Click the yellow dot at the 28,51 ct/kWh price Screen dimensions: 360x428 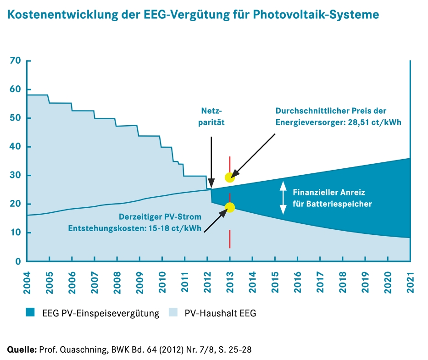click(230, 177)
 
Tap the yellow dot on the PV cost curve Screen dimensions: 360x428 click(230, 207)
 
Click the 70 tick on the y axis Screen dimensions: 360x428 click(15, 61)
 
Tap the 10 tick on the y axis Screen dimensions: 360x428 click(15, 233)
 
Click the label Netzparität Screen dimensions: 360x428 click(211, 117)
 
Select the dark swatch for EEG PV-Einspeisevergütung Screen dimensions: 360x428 click(31, 313)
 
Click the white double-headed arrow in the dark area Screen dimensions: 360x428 click(283, 197)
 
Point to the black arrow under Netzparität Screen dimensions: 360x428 click(211, 161)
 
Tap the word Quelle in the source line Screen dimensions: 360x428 click(22, 350)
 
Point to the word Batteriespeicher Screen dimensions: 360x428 click(341, 204)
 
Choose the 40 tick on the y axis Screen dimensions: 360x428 click(15, 147)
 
